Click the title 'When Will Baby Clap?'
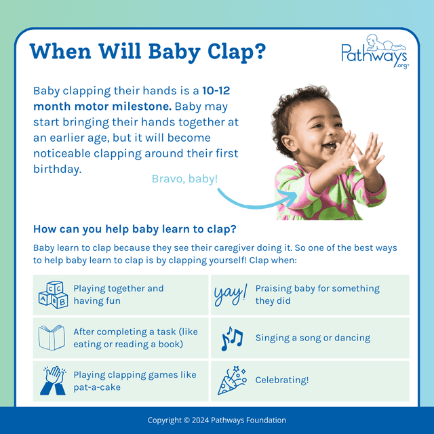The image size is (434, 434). pyautogui.click(x=149, y=52)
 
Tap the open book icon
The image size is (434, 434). pyautogui.click(x=52, y=337)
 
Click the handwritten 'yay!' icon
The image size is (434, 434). pyautogui.click(x=231, y=294)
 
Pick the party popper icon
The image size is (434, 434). pyautogui.click(x=231, y=380)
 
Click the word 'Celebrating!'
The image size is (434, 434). pyautogui.click(x=281, y=380)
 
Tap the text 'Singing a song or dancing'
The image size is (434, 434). pyautogui.click(x=313, y=338)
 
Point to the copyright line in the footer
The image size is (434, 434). pyautogui.click(x=217, y=420)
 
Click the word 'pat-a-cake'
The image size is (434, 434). pyautogui.click(x=98, y=387)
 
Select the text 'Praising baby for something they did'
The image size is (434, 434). pyautogui.click(x=317, y=294)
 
